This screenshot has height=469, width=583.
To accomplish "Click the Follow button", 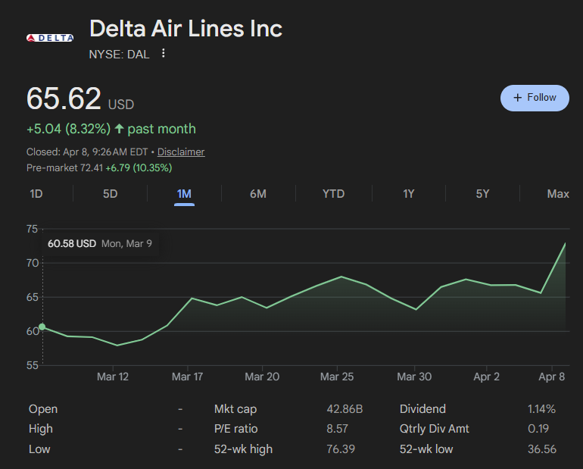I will click(535, 98).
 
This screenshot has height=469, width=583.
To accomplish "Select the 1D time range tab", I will click(36, 194).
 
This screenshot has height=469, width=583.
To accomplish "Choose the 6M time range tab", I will click(258, 194).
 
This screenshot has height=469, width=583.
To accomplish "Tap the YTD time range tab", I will click(333, 194).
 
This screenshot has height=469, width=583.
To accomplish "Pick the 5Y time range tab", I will click(482, 194).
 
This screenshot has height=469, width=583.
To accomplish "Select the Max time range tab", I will click(558, 194).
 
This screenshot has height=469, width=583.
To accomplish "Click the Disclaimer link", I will click(181, 152).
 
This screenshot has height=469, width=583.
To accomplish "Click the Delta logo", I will click(50, 38).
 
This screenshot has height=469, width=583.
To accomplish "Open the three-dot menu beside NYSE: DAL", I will click(163, 54).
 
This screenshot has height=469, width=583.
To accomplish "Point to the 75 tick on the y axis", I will click(32, 229).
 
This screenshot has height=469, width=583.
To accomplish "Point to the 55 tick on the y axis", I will click(32, 365).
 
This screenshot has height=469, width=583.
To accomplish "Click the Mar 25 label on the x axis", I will click(336, 377).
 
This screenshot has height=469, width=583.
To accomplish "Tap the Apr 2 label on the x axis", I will click(486, 377).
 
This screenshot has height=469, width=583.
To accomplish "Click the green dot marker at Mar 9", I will click(42, 327).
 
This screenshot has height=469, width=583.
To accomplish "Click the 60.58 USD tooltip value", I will click(72, 244).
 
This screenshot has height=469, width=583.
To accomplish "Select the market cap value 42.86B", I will click(344, 409).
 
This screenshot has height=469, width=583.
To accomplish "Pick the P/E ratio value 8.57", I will click(338, 429).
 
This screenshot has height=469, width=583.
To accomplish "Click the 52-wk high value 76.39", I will click(341, 449).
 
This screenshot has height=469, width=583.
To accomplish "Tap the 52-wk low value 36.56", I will click(541, 449).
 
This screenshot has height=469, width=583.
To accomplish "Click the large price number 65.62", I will click(64, 99).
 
